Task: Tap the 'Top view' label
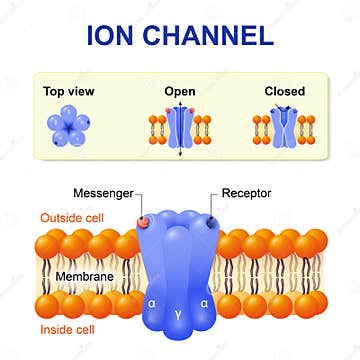pos(69,91)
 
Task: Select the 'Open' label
pos(179,91)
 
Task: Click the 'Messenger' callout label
pos(97,191)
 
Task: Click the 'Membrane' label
pos(56,274)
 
